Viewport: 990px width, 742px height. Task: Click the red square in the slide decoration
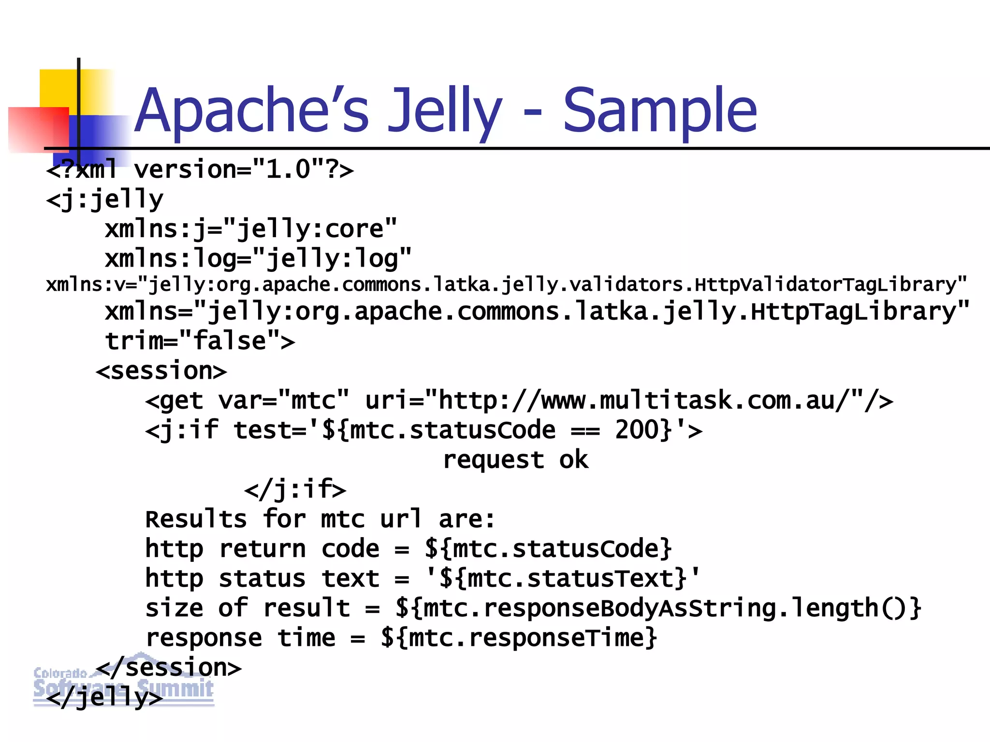[39, 129]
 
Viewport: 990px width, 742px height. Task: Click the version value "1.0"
[288, 170]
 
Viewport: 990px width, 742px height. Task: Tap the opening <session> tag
[161, 371]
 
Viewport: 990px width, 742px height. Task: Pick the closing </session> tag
[169, 668]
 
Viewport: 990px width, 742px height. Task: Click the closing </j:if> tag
[295, 489]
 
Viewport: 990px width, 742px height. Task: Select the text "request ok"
[515, 459]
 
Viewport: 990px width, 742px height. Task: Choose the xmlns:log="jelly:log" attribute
[258, 258]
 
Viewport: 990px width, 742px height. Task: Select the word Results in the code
[196, 519]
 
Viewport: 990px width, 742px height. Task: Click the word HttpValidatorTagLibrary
[824, 285]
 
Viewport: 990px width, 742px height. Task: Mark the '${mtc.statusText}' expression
[563, 578]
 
